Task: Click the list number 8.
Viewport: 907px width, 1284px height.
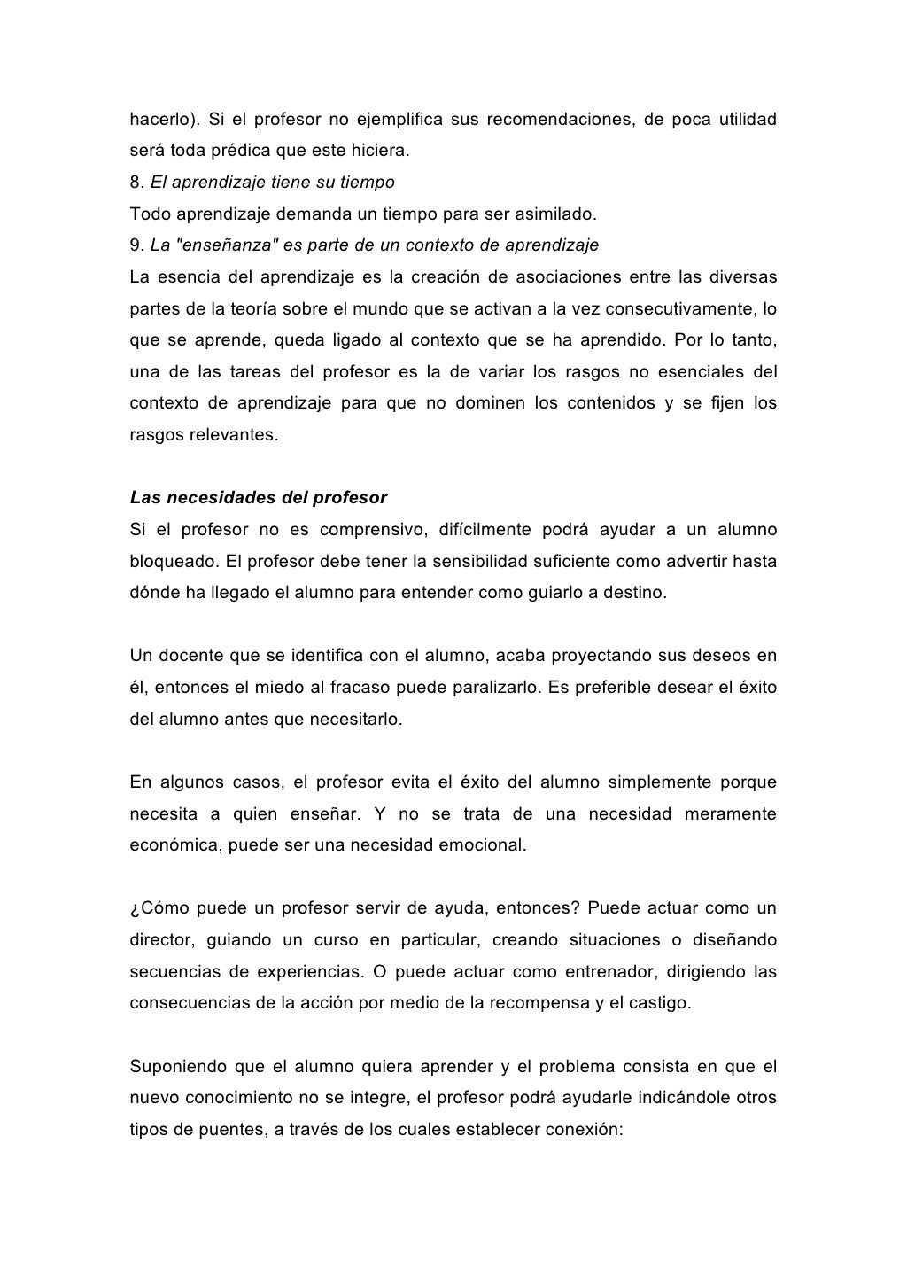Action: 136,183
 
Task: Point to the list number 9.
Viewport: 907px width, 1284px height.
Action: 136,245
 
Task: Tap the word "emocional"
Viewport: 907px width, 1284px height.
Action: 481,845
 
